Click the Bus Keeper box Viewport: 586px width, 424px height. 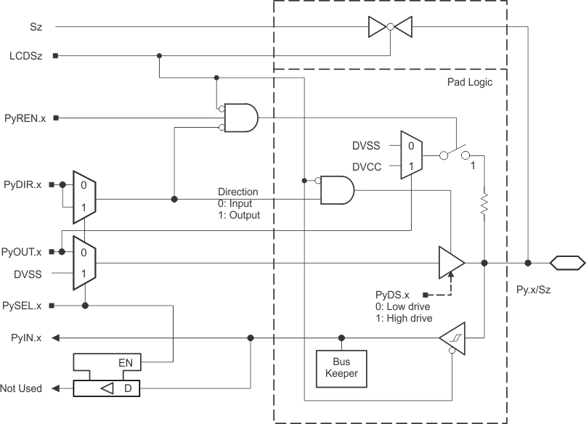[341, 367]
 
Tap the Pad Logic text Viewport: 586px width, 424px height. [469, 83]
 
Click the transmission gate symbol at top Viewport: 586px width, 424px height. [391, 28]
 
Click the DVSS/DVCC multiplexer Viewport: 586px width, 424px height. [410, 155]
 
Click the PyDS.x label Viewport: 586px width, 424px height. [393, 295]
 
